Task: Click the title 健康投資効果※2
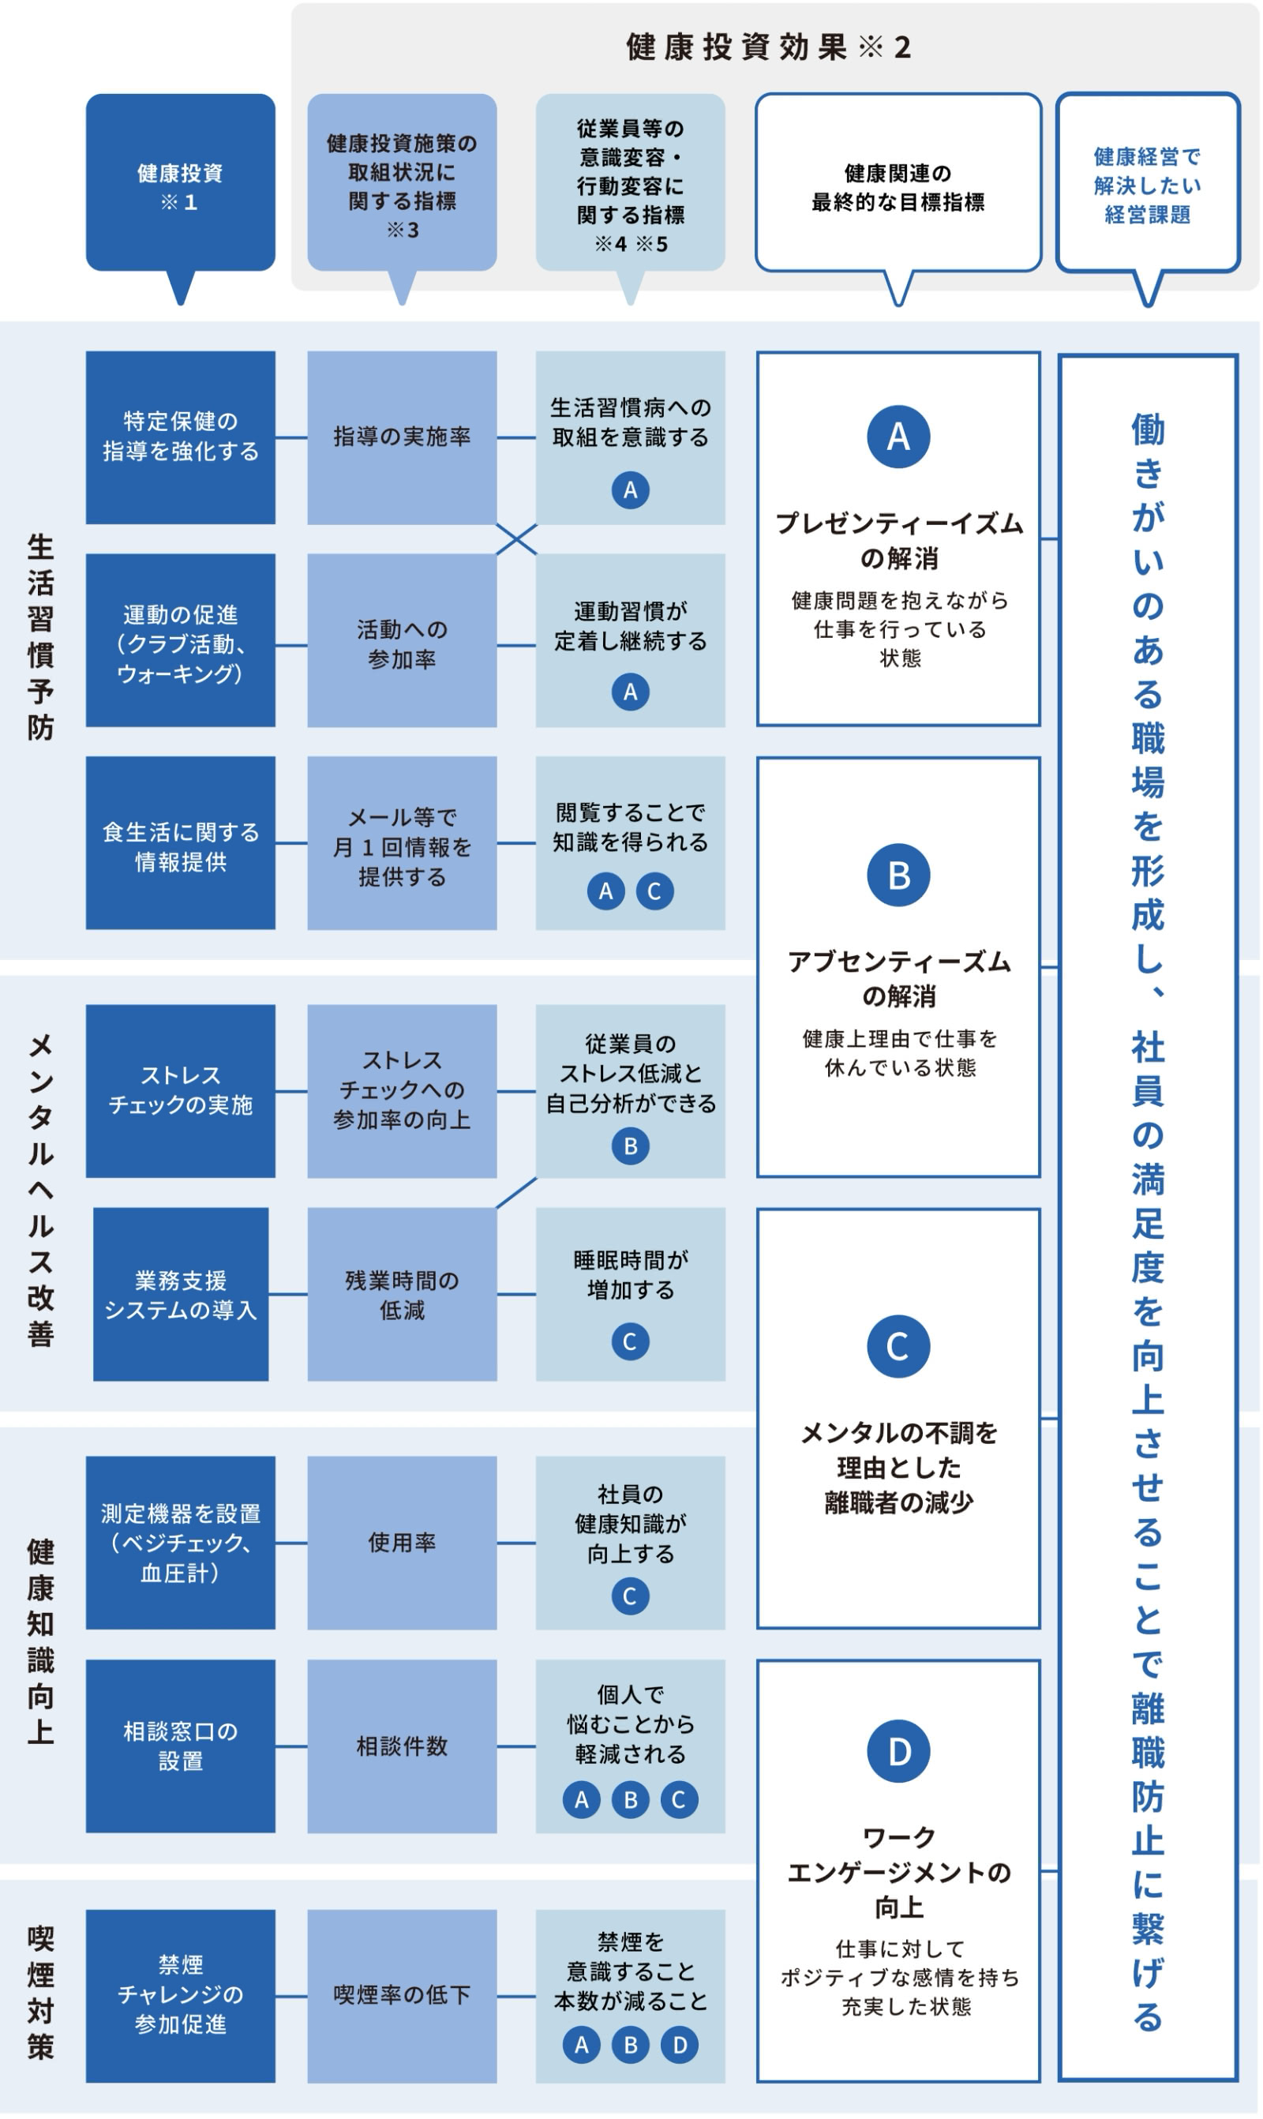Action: [770, 47]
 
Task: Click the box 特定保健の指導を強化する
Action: [181, 437]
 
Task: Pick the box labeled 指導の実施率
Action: [402, 437]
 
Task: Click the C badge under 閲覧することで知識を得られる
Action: [654, 892]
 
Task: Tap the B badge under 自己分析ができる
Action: [631, 1146]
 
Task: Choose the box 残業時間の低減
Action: [402, 1295]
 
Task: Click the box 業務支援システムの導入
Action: [181, 1295]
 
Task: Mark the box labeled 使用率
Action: [402, 1543]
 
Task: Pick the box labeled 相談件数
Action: [402, 1746]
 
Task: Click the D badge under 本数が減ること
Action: [679, 2045]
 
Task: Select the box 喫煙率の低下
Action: [402, 1997]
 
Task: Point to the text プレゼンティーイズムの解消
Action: [899, 540]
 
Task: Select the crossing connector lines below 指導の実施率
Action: [516, 539]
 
